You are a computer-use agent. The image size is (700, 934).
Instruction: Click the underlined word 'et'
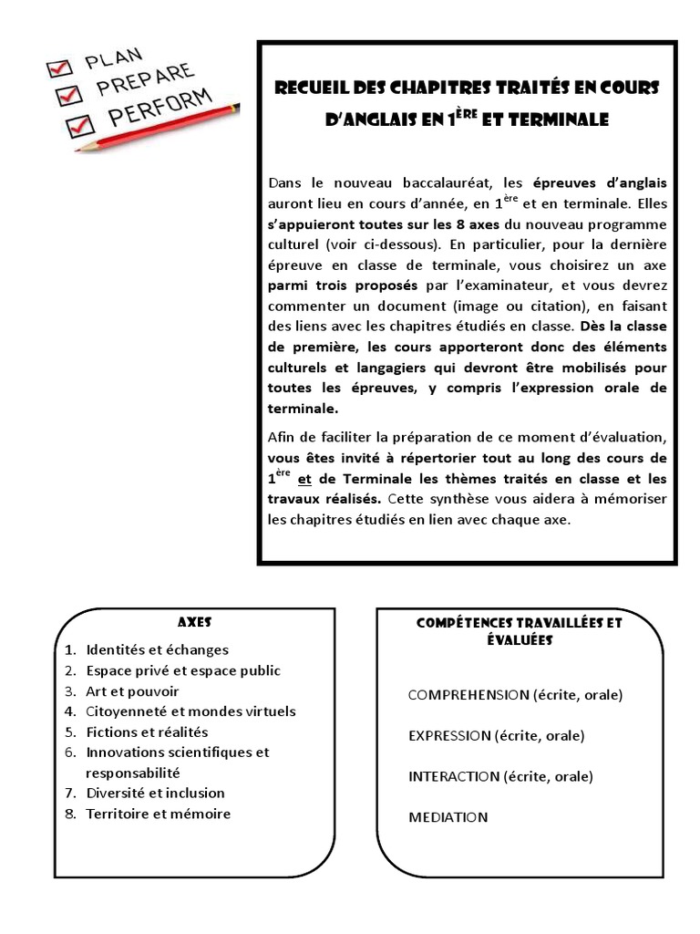(304, 479)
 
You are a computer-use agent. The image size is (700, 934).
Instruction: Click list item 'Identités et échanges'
(157, 650)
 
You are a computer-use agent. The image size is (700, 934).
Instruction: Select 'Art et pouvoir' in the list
(132, 691)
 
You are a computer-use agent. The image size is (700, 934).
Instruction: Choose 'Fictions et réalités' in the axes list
(147, 732)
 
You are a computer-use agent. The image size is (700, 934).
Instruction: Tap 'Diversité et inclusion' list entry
(155, 793)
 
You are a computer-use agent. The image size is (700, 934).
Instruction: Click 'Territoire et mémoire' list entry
(158, 814)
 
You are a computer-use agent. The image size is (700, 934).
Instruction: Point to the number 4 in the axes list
(69, 711)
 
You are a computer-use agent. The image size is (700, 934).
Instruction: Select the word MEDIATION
(448, 817)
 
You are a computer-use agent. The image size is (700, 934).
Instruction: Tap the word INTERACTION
(454, 776)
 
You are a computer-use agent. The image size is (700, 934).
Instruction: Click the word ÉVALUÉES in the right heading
(520, 640)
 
